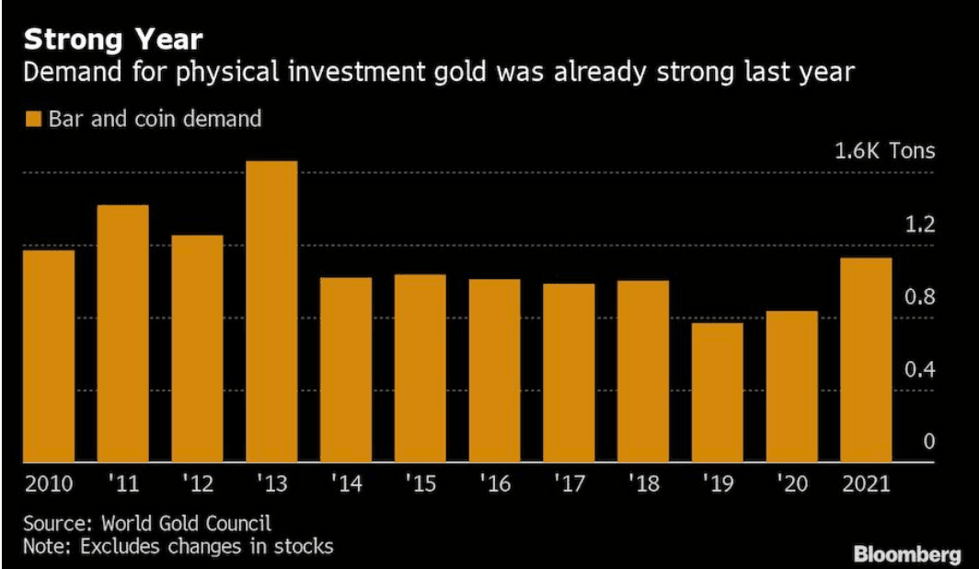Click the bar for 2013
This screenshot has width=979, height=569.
[271, 312]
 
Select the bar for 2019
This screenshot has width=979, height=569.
[717, 393]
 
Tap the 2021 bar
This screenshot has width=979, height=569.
[866, 360]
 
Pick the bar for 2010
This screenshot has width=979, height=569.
[49, 356]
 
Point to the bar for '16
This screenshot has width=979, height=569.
[494, 371]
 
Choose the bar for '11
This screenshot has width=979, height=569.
[122, 333]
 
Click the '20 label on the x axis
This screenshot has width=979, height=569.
[791, 483]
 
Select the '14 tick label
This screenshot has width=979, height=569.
[346, 483]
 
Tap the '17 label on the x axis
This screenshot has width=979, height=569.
[569, 483]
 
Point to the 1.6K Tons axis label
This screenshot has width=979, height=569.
[884, 151]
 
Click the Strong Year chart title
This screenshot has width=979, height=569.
[113, 41]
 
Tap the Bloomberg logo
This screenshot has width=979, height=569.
[909, 554]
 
